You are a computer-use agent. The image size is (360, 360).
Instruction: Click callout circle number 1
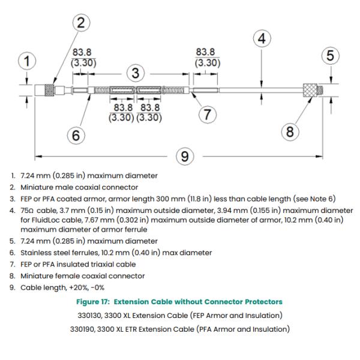point(25,61)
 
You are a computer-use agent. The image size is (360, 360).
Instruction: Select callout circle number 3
point(136,73)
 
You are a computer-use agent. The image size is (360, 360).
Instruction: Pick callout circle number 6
point(76,136)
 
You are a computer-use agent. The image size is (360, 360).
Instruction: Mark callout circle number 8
point(290,131)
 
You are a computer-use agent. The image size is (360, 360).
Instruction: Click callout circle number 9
point(186,157)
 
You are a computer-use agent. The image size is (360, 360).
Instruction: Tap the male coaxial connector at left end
point(46,91)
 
